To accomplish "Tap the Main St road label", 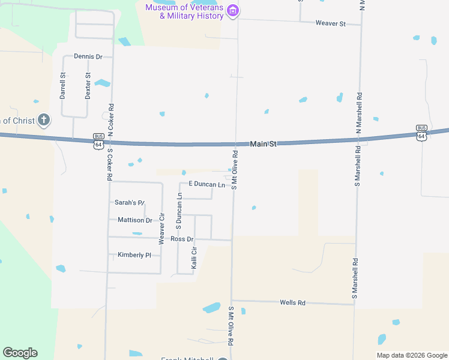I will pyautogui.click(x=263, y=144).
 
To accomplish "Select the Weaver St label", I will pyautogui.click(x=331, y=23).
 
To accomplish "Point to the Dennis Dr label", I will pyautogui.click(x=88, y=56).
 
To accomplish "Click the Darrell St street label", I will pyautogui.click(x=62, y=86).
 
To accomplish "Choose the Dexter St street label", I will pyautogui.click(x=88, y=86).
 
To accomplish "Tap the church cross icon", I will pyautogui.click(x=43, y=121).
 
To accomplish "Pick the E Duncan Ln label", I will pyautogui.click(x=206, y=184).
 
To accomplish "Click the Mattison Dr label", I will pyautogui.click(x=134, y=220).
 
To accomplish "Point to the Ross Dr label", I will pyautogui.click(x=182, y=239).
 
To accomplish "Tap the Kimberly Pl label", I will pyautogui.click(x=134, y=255).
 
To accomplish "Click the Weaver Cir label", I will pyautogui.click(x=161, y=229).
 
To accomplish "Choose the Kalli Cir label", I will pyautogui.click(x=194, y=257).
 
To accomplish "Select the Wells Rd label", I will pyautogui.click(x=292, y=303).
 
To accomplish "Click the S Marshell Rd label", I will pyautogui.click(x=356, y=278).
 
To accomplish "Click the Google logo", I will pyautogui.click(x=20, y=353).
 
